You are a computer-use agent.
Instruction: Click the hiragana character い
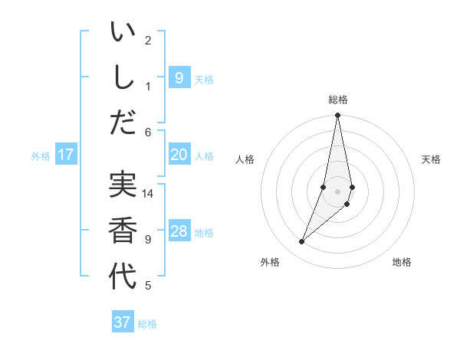point(123,34)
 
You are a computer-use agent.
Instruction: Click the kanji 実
point(123,186)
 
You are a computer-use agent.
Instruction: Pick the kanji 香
point(123,230)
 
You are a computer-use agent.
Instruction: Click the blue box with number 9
point(179,78)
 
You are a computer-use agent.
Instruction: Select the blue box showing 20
point(179,155)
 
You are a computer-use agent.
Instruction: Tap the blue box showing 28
point(179,231)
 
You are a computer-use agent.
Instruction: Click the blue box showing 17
point(66,155)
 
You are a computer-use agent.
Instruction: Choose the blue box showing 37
point(123,322)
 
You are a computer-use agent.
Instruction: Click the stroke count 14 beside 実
point(148,194)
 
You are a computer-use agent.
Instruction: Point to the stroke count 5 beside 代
point(148,286)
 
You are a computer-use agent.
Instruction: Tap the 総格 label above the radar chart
point(337,100)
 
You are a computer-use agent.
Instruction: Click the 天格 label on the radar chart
point(431,159)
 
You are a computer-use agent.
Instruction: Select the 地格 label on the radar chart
point(402,262)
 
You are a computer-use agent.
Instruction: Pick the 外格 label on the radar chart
point(270,262)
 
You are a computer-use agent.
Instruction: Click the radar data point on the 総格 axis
point(337,116)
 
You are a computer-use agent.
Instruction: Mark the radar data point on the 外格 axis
point(302,242)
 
